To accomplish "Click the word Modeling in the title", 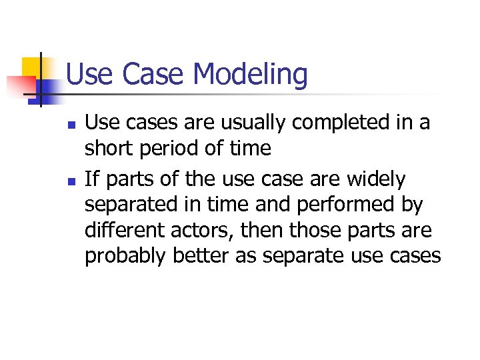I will tap(252, 75).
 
